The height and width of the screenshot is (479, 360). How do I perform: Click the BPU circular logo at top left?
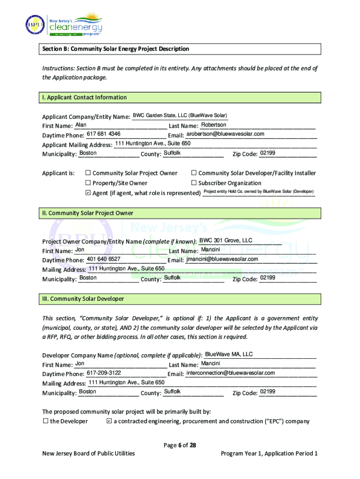tap(34, 24)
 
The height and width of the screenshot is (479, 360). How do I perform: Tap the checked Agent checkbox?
tap(88, 193)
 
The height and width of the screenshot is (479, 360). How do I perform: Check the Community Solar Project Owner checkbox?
tap(88, 173)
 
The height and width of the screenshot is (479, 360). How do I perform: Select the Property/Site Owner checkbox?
tap(88, 183)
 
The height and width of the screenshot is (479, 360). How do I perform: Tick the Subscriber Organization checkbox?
tap(194, 183)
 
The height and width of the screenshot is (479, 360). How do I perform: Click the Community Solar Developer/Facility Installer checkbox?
tap(194, 173)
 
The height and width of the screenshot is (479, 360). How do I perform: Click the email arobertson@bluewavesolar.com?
tap(225, 134)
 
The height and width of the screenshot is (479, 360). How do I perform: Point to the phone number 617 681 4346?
tap(104, 134)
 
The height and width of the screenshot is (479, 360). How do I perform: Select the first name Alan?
tap(81, 125)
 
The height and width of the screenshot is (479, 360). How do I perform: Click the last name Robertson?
tap(214, 125)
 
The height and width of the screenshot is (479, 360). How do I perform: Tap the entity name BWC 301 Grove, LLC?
tap(226, 240)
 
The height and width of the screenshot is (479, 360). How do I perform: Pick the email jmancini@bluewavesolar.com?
tap(222, 259)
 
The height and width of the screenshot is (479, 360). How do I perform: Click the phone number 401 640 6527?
tap(103, 259)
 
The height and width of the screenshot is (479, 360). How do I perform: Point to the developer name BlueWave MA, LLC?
tap(229, 354)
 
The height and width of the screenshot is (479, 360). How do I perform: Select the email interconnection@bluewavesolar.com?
tap(230, 373)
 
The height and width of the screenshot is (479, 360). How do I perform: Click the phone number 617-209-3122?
tap(104, 373)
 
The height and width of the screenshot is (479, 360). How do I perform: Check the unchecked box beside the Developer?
tap(46, 421)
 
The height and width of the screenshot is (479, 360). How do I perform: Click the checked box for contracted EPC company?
tap(109, 421)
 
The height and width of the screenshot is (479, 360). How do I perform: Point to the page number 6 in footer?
tap(180, 445)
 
